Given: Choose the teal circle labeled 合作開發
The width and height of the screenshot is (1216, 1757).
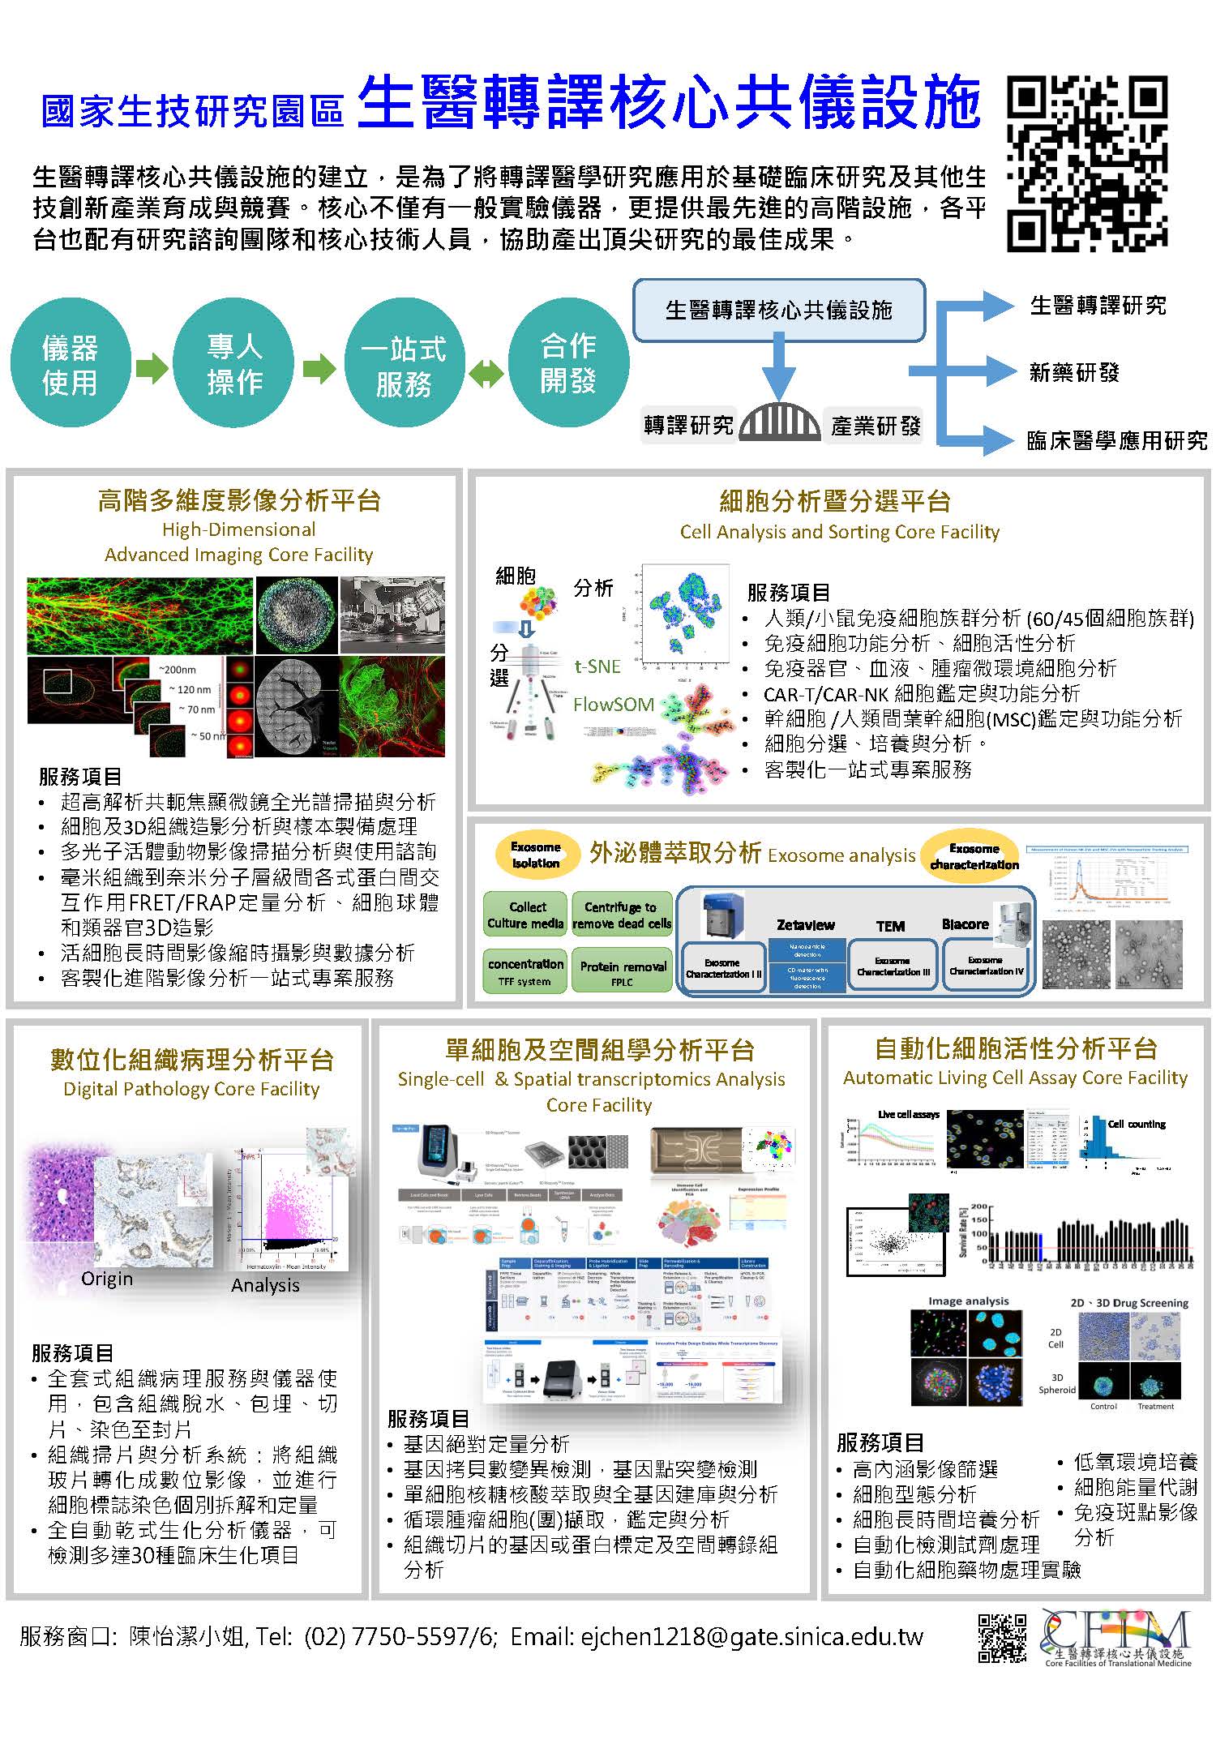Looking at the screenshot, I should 568,362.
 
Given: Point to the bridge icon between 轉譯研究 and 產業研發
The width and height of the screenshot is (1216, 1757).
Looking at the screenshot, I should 778,422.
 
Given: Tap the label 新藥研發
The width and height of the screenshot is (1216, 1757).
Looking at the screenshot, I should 1074,373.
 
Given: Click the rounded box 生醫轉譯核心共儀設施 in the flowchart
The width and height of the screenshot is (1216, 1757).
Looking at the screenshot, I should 778,311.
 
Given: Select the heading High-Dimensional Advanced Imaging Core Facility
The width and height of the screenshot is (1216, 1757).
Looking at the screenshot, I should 239,542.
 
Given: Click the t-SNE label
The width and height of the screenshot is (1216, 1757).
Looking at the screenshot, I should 597,666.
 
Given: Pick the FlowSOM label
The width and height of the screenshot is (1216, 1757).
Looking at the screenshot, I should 614,705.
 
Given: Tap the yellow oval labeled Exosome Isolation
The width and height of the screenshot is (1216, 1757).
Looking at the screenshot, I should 536,855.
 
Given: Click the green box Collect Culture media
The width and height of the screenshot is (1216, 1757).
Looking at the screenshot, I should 526,915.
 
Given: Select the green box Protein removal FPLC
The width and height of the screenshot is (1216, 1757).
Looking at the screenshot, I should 623,971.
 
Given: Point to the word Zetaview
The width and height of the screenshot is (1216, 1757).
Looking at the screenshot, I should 805,925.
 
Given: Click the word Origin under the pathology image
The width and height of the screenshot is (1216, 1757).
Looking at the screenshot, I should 107,1279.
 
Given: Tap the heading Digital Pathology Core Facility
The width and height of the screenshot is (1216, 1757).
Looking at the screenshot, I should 192,1089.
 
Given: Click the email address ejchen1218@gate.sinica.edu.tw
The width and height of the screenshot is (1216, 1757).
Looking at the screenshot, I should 751,1637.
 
